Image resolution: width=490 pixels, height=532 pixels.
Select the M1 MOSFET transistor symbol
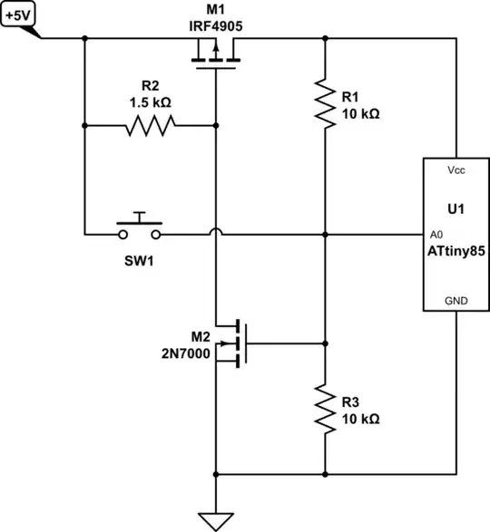[216, 57]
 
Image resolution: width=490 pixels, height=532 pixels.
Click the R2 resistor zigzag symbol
[150, 126]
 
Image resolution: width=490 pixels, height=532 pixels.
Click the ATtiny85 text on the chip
[456, 251]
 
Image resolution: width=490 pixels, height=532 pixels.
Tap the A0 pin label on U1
[436, 233]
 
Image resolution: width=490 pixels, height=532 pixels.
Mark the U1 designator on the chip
[456, 208]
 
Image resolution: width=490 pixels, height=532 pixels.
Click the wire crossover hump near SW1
[216, 235]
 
